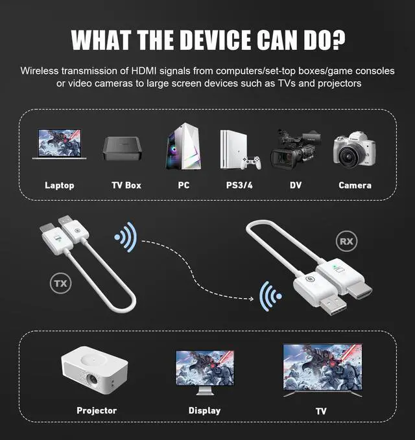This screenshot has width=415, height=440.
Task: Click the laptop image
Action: click(x=59, y=146)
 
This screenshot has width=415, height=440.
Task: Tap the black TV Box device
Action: click(x=121, y=149)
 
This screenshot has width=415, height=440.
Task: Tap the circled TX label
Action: click(x=60, y=283)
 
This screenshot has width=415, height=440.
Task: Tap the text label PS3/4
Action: click(x=240, y=185)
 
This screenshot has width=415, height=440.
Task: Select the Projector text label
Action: click(x=97, y=410)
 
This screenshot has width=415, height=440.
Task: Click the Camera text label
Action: click(x=355, y=185)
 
